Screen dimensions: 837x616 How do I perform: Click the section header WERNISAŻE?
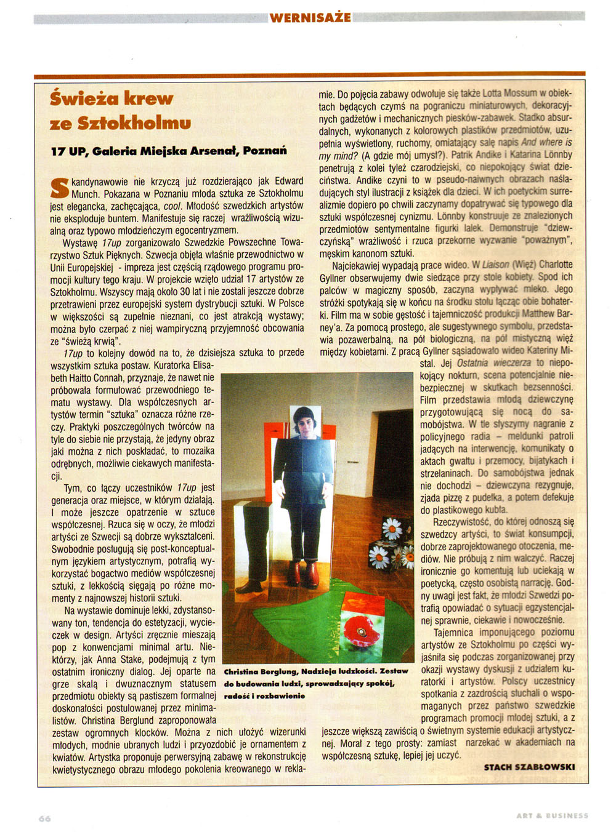pos(310,17)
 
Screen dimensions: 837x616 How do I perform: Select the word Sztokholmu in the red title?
pos(134,123)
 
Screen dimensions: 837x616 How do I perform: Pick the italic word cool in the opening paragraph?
pos(173,206)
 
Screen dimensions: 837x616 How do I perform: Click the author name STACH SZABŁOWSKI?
pos(529,767)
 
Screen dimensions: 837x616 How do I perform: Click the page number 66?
pos(44,819)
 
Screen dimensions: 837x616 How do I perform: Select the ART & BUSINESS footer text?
pos(552,815)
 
